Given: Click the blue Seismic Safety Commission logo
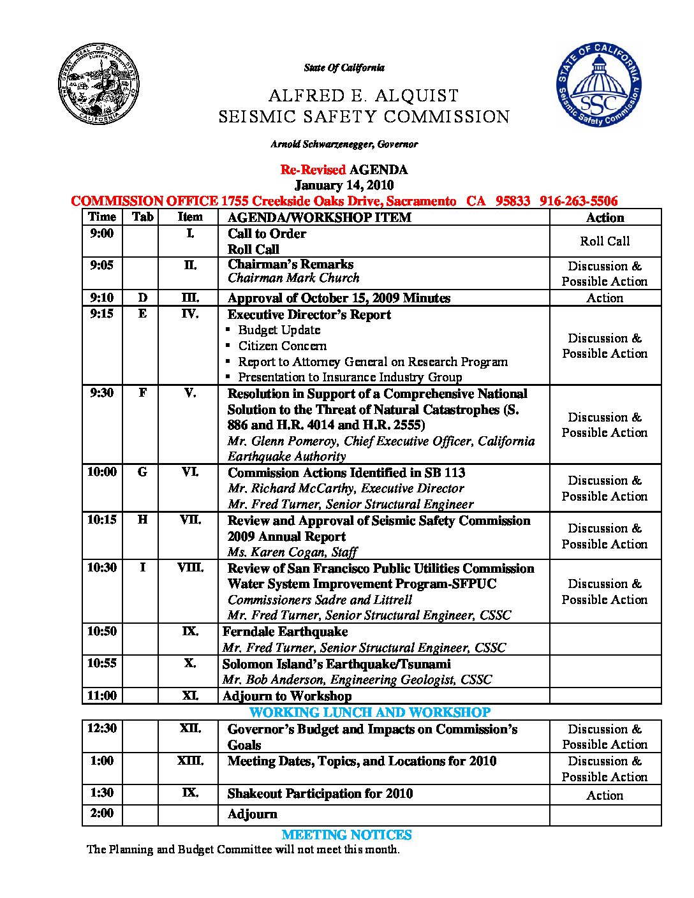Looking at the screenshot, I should pos(599,84).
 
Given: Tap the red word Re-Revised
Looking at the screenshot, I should pos(313,170).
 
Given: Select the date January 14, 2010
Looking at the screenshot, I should pos(344,186).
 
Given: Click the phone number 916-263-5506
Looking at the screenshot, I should pos(579,202).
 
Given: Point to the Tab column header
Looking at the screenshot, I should pos(142,217).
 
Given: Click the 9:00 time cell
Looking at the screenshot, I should pos(102,234).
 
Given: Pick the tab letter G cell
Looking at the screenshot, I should pos(142,473).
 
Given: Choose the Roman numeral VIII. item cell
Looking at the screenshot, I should pos(190,568).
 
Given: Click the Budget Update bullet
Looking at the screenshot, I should pos(279,330).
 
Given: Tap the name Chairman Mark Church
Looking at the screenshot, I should pos(293,278).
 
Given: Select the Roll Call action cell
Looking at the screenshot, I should pos(605,241).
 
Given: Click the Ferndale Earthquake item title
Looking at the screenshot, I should pos(285,632).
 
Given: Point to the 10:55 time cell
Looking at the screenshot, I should pos(102,663).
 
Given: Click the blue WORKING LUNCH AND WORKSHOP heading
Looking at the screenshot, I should pos(370,712).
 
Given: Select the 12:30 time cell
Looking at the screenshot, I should pos(102,729).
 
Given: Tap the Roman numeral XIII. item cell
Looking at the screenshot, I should pos(190,761).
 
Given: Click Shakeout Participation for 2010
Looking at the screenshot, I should pos(320,794).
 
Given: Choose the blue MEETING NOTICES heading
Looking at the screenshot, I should pos(347,835).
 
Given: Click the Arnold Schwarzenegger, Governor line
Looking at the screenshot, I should pos(344,144).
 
